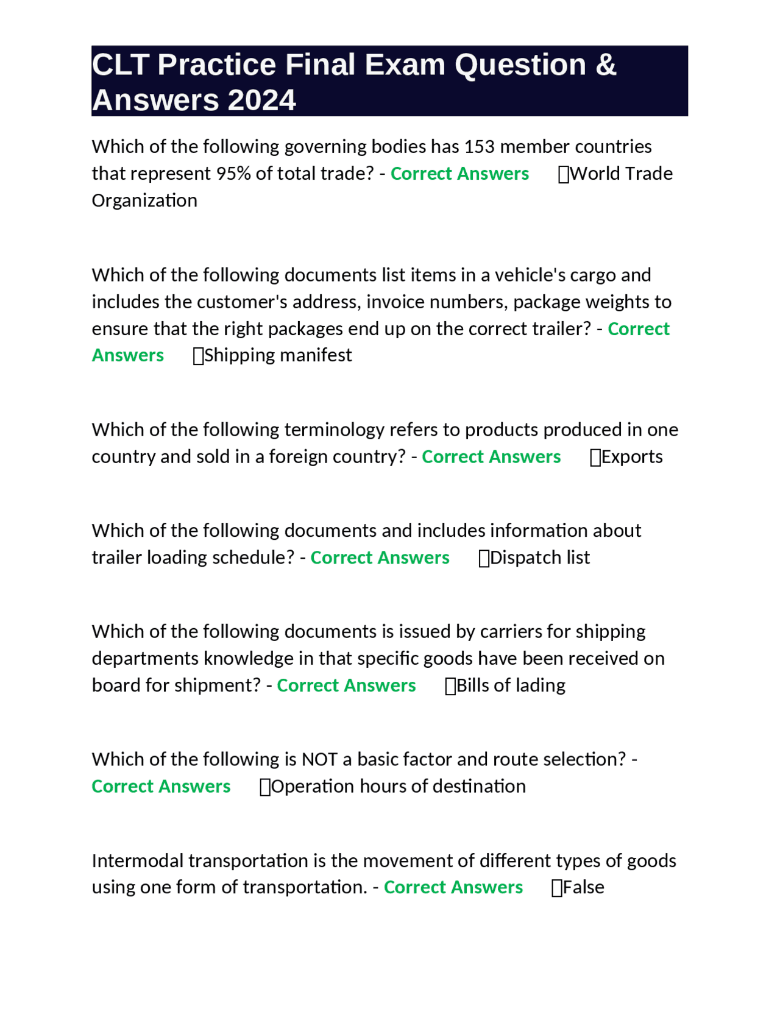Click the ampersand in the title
point(606,65)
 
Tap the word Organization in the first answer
point(144,200)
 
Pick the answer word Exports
point(632,457)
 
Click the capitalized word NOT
point(319,759)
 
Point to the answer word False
point(583,887)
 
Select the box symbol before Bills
point(450,687)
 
